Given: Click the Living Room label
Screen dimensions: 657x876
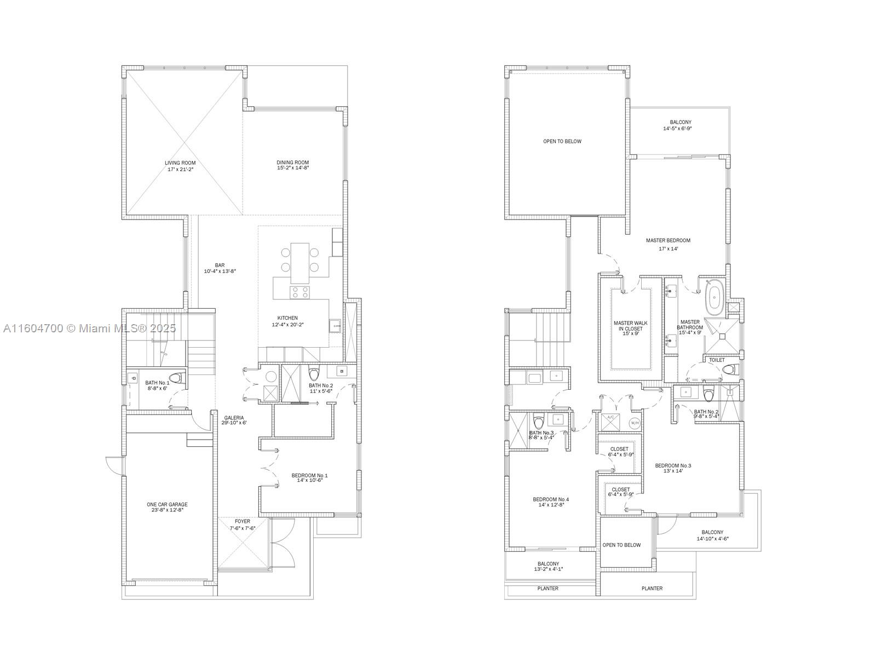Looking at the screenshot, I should (180, 163).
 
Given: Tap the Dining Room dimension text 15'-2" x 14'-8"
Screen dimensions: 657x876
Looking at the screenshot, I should (293, 169).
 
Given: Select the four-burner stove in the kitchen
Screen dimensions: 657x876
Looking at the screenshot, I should (299, 292).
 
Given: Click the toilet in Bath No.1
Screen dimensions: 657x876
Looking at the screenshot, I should (176, 378).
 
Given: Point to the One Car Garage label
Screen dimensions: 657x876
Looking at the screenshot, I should (167, 505).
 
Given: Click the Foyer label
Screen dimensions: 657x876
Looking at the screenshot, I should (242, 521).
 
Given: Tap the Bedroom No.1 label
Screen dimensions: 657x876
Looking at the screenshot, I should (309, 475).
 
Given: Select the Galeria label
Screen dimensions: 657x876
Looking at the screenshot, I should (234, 418).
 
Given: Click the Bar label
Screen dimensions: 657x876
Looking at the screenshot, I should (220, 265).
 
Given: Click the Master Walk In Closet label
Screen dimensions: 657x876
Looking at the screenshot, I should (630, 326).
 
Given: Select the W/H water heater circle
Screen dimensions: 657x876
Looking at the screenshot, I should (634, 423).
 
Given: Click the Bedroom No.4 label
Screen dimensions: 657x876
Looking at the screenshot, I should (551, 499).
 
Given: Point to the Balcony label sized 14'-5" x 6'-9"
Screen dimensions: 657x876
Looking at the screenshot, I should (681, 122).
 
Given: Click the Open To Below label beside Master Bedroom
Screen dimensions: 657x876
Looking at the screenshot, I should (562, 141).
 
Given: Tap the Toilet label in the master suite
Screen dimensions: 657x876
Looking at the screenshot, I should (717, 360).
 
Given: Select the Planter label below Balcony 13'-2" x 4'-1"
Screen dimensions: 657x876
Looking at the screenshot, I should (548, 589).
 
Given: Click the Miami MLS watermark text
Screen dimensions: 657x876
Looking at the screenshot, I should (89, 328).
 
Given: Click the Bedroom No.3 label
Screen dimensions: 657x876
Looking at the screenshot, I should (673, 465).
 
